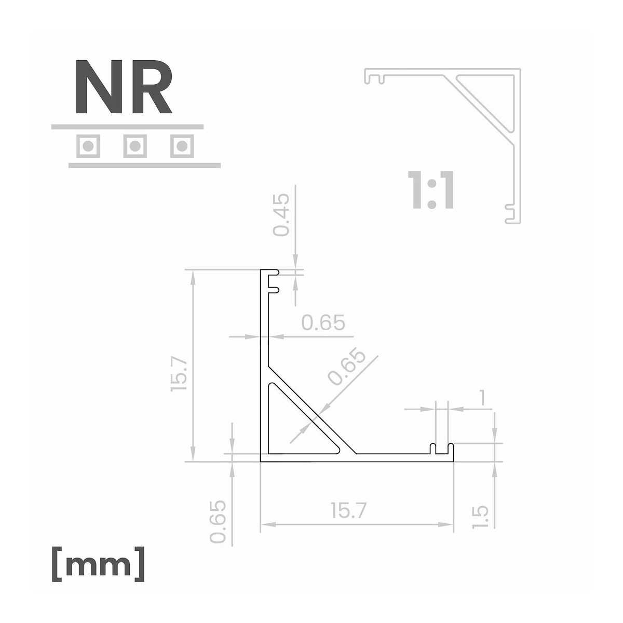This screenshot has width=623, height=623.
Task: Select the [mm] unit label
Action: coord(98,564)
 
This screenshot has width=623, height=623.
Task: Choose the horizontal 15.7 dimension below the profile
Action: coord(348,510)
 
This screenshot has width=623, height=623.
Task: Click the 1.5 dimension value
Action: coord(480,517)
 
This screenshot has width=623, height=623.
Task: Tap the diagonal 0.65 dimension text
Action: coord(347,367)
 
